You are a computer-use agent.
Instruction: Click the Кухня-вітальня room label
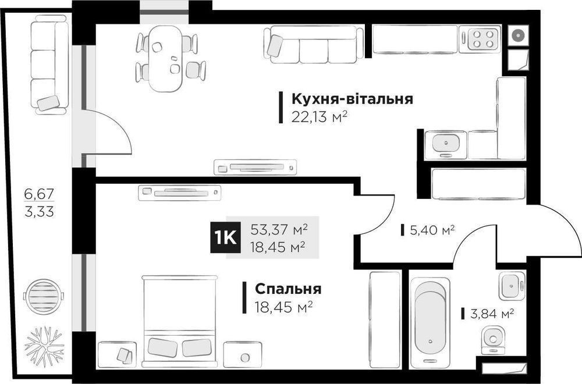352,99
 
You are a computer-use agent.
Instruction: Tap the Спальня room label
288,289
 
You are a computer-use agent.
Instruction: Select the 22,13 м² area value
319,118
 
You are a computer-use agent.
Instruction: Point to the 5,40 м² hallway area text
432,230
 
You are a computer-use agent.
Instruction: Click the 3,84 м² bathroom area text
492,314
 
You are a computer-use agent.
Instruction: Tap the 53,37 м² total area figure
279,229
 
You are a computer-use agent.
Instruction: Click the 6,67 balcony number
39,193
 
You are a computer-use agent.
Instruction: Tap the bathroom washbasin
512,286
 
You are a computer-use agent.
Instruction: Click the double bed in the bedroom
179,321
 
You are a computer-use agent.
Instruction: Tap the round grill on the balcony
44,296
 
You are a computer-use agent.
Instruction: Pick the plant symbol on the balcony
44,347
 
